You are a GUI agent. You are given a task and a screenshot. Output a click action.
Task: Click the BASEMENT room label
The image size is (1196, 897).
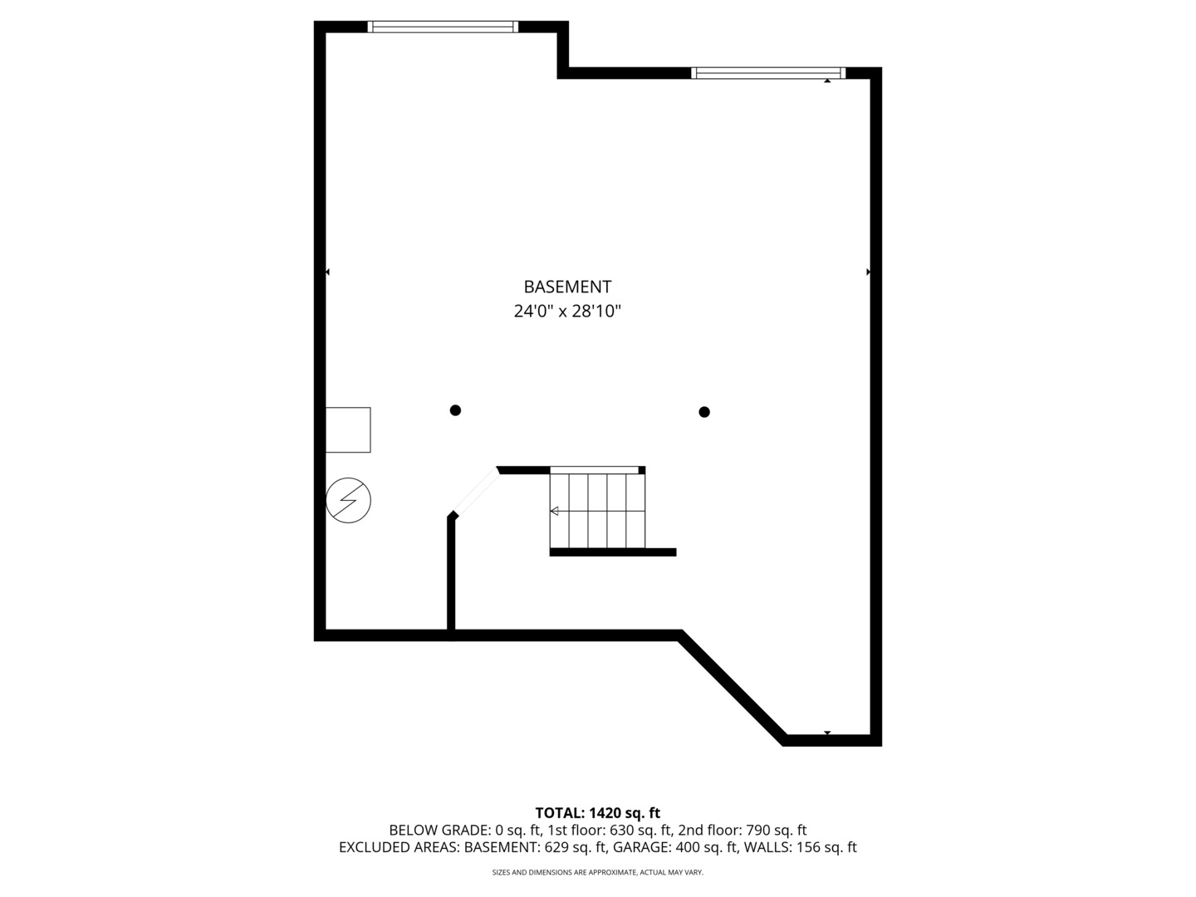pos(567,287)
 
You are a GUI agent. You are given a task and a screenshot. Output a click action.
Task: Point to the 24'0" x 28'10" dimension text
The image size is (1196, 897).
pos(567,311)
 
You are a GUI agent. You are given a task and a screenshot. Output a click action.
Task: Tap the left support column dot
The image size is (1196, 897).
pos(455,410)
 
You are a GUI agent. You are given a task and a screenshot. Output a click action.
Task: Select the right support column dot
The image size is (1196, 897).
pos(704,412)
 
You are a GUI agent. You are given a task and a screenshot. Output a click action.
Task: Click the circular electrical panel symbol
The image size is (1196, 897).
pos(348,501)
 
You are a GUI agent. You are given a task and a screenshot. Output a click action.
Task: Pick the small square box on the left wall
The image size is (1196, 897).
pos(348,429)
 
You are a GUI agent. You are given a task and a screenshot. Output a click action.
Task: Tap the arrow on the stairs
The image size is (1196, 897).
pos(555,511)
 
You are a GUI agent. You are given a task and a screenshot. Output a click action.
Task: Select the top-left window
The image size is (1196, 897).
pos(443,27)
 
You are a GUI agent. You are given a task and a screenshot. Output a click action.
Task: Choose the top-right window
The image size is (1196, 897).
pos(768,73)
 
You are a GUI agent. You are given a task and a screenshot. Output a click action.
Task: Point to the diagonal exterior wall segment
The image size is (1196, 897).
pos(732,687)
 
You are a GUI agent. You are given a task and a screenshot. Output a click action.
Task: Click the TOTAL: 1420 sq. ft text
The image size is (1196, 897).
pos(597,813)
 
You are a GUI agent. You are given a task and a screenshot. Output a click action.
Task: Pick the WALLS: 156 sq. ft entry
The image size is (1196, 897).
pos(800,848)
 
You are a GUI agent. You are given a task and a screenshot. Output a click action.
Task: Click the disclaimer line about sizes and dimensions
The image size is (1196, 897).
pos(597,873)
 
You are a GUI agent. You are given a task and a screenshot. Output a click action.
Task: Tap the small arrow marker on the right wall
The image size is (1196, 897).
pos(869,272)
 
